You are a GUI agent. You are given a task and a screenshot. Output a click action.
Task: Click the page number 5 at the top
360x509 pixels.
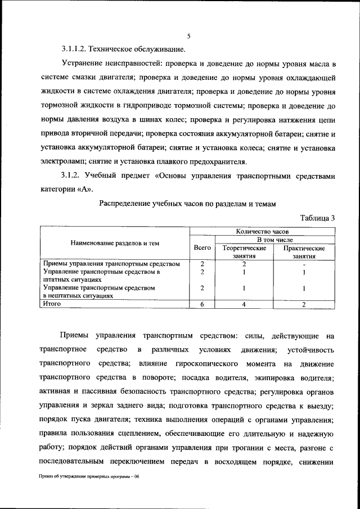click(189, 36)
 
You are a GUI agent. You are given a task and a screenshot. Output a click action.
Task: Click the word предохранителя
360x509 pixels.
click(217, 161)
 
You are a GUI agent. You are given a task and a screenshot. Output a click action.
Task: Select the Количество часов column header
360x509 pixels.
click(262, 231)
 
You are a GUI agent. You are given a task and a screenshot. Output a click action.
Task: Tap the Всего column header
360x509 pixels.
click(202, 247)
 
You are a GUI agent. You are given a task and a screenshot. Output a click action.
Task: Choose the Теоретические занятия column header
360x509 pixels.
click(245, 251)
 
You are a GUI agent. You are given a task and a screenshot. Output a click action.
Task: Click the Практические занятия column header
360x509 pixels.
click(304, 251)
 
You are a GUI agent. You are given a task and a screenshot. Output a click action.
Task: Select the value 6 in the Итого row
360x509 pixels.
click(202, 304)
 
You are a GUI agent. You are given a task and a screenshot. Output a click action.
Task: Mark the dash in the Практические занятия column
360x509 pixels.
click(304, 263)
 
